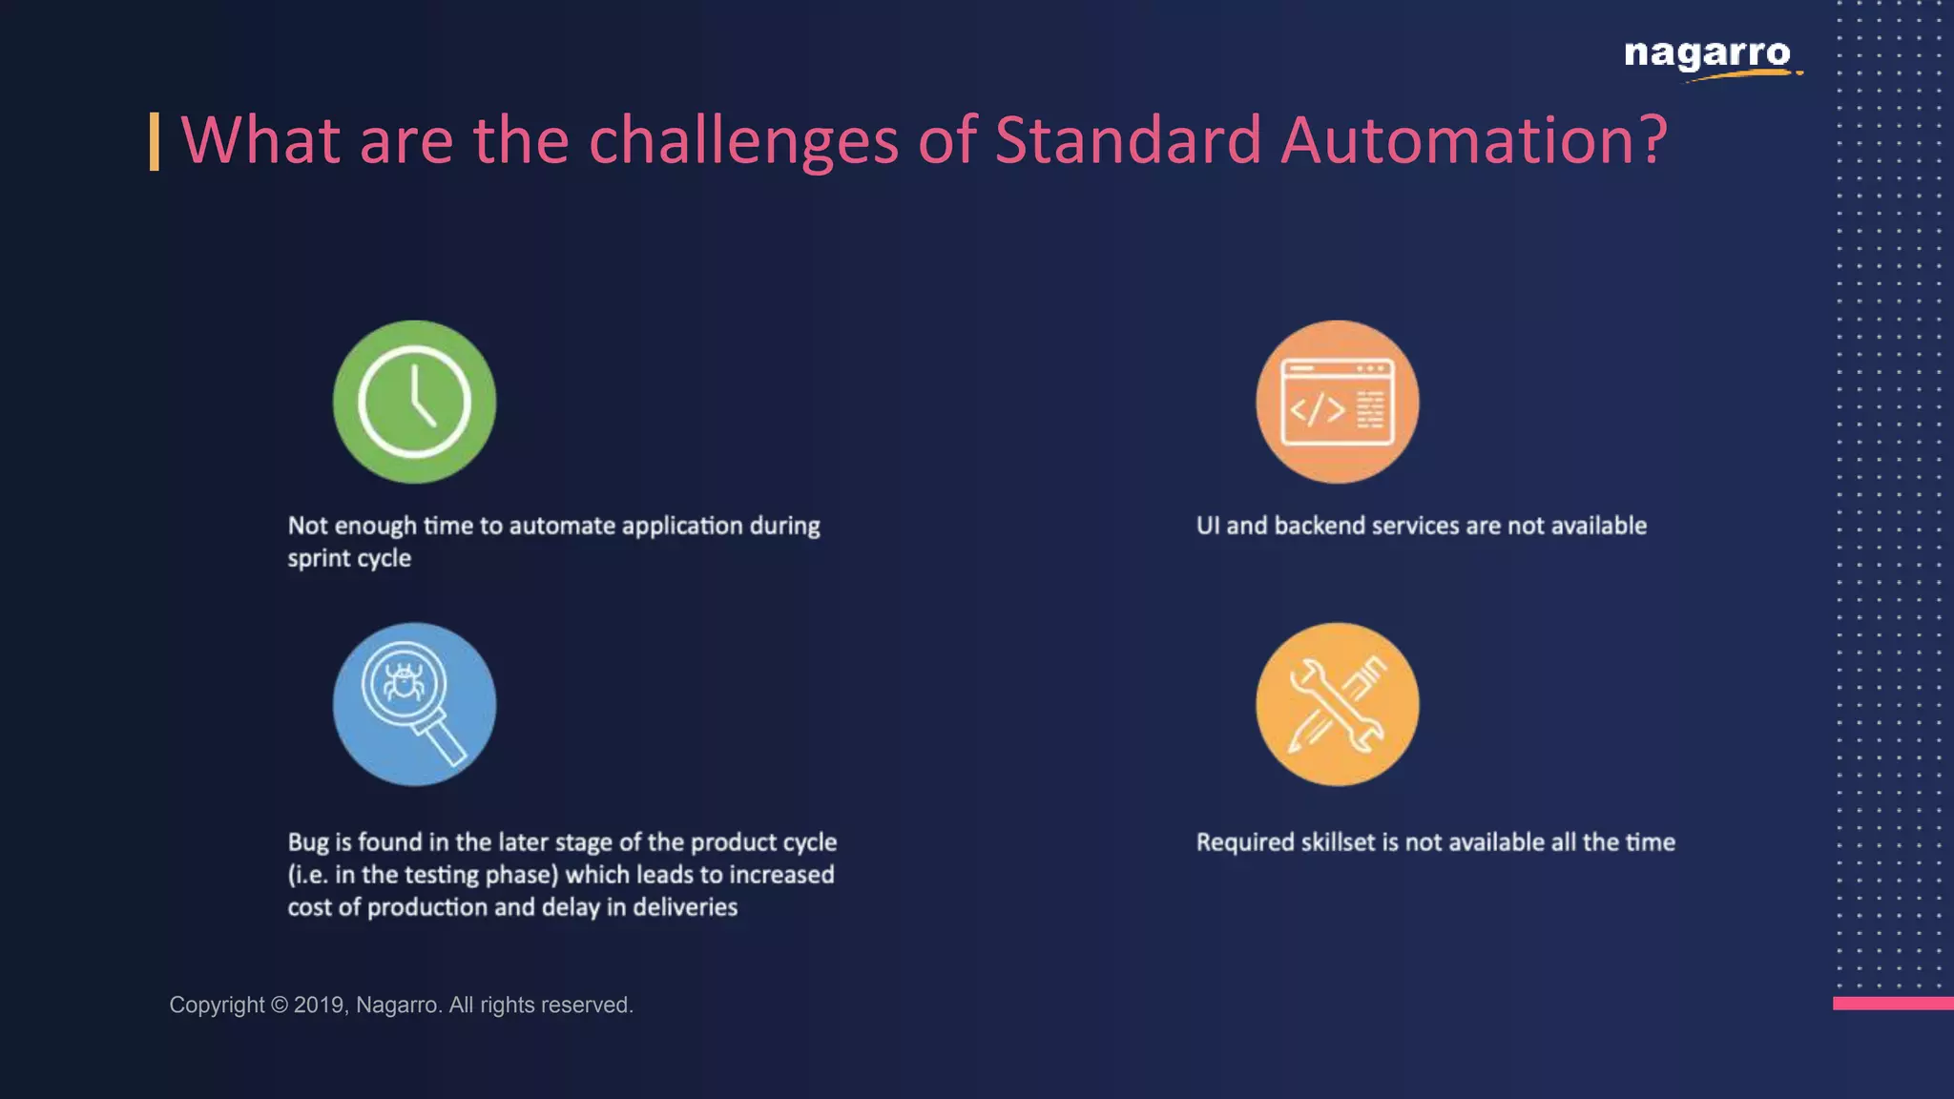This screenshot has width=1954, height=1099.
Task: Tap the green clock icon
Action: point(414,402)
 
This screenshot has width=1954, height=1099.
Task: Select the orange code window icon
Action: point(1337,402)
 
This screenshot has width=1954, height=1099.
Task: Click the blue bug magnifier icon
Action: point(414,704)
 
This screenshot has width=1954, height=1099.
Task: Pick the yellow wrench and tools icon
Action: point(1337,704)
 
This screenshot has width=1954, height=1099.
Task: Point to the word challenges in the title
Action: point(743,140)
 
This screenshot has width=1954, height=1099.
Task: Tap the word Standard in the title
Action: point(1127,140)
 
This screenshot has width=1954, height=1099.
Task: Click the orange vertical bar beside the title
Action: point(155,141)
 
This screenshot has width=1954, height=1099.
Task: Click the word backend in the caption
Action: point(1320,526)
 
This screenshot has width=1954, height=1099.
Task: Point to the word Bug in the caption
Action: point(308,842)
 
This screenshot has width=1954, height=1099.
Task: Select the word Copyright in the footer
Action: point(217,1005)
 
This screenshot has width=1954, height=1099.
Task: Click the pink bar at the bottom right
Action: point(1893,1003)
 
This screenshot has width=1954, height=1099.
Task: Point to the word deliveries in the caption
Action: point(685,907)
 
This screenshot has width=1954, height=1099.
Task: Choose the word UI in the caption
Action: point(1207,526)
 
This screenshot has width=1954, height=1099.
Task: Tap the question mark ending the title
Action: point(1654,140)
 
